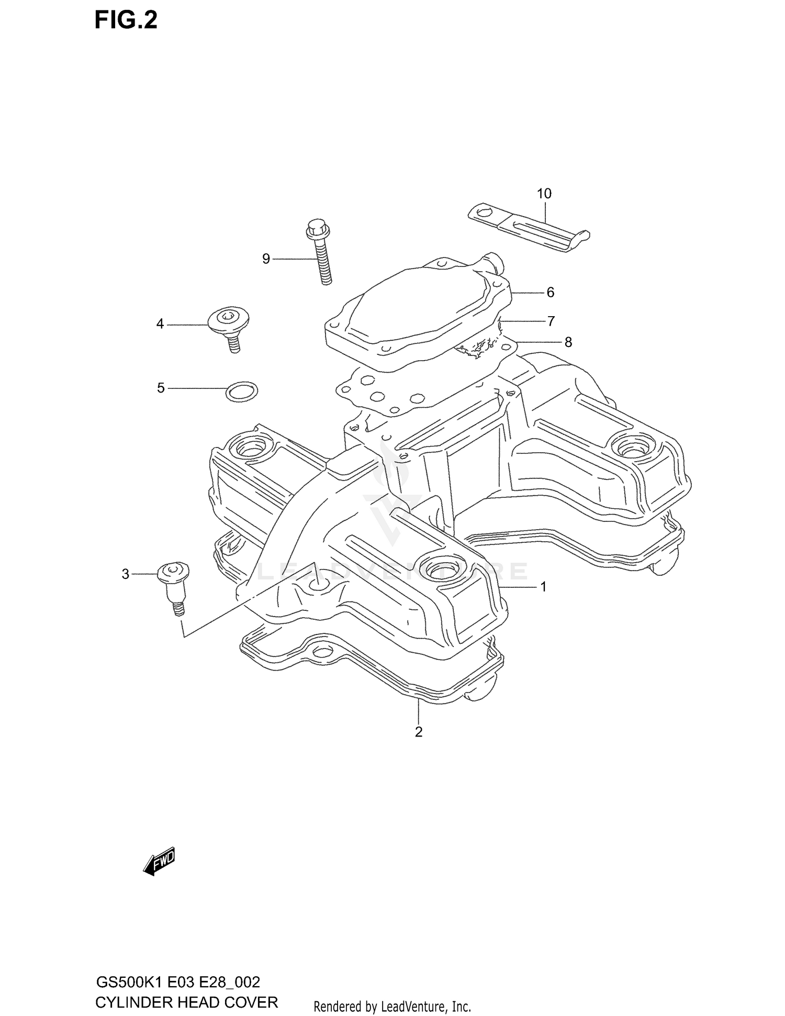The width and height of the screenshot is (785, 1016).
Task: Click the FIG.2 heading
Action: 126,20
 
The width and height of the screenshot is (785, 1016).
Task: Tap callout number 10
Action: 544,194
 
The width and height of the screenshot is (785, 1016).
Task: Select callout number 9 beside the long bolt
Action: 266,259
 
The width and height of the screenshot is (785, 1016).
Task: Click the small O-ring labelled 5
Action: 242,391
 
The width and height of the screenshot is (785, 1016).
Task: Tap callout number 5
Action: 161,388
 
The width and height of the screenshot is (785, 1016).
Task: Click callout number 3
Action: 125,574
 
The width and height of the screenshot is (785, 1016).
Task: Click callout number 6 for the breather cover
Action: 550,292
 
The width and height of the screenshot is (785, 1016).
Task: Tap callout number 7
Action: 551,321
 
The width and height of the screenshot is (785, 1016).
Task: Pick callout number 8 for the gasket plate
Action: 568,342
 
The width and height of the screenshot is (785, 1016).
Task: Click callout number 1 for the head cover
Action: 543,587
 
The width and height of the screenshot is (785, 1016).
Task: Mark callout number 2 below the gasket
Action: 418,732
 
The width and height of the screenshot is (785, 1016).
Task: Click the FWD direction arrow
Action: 159,861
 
